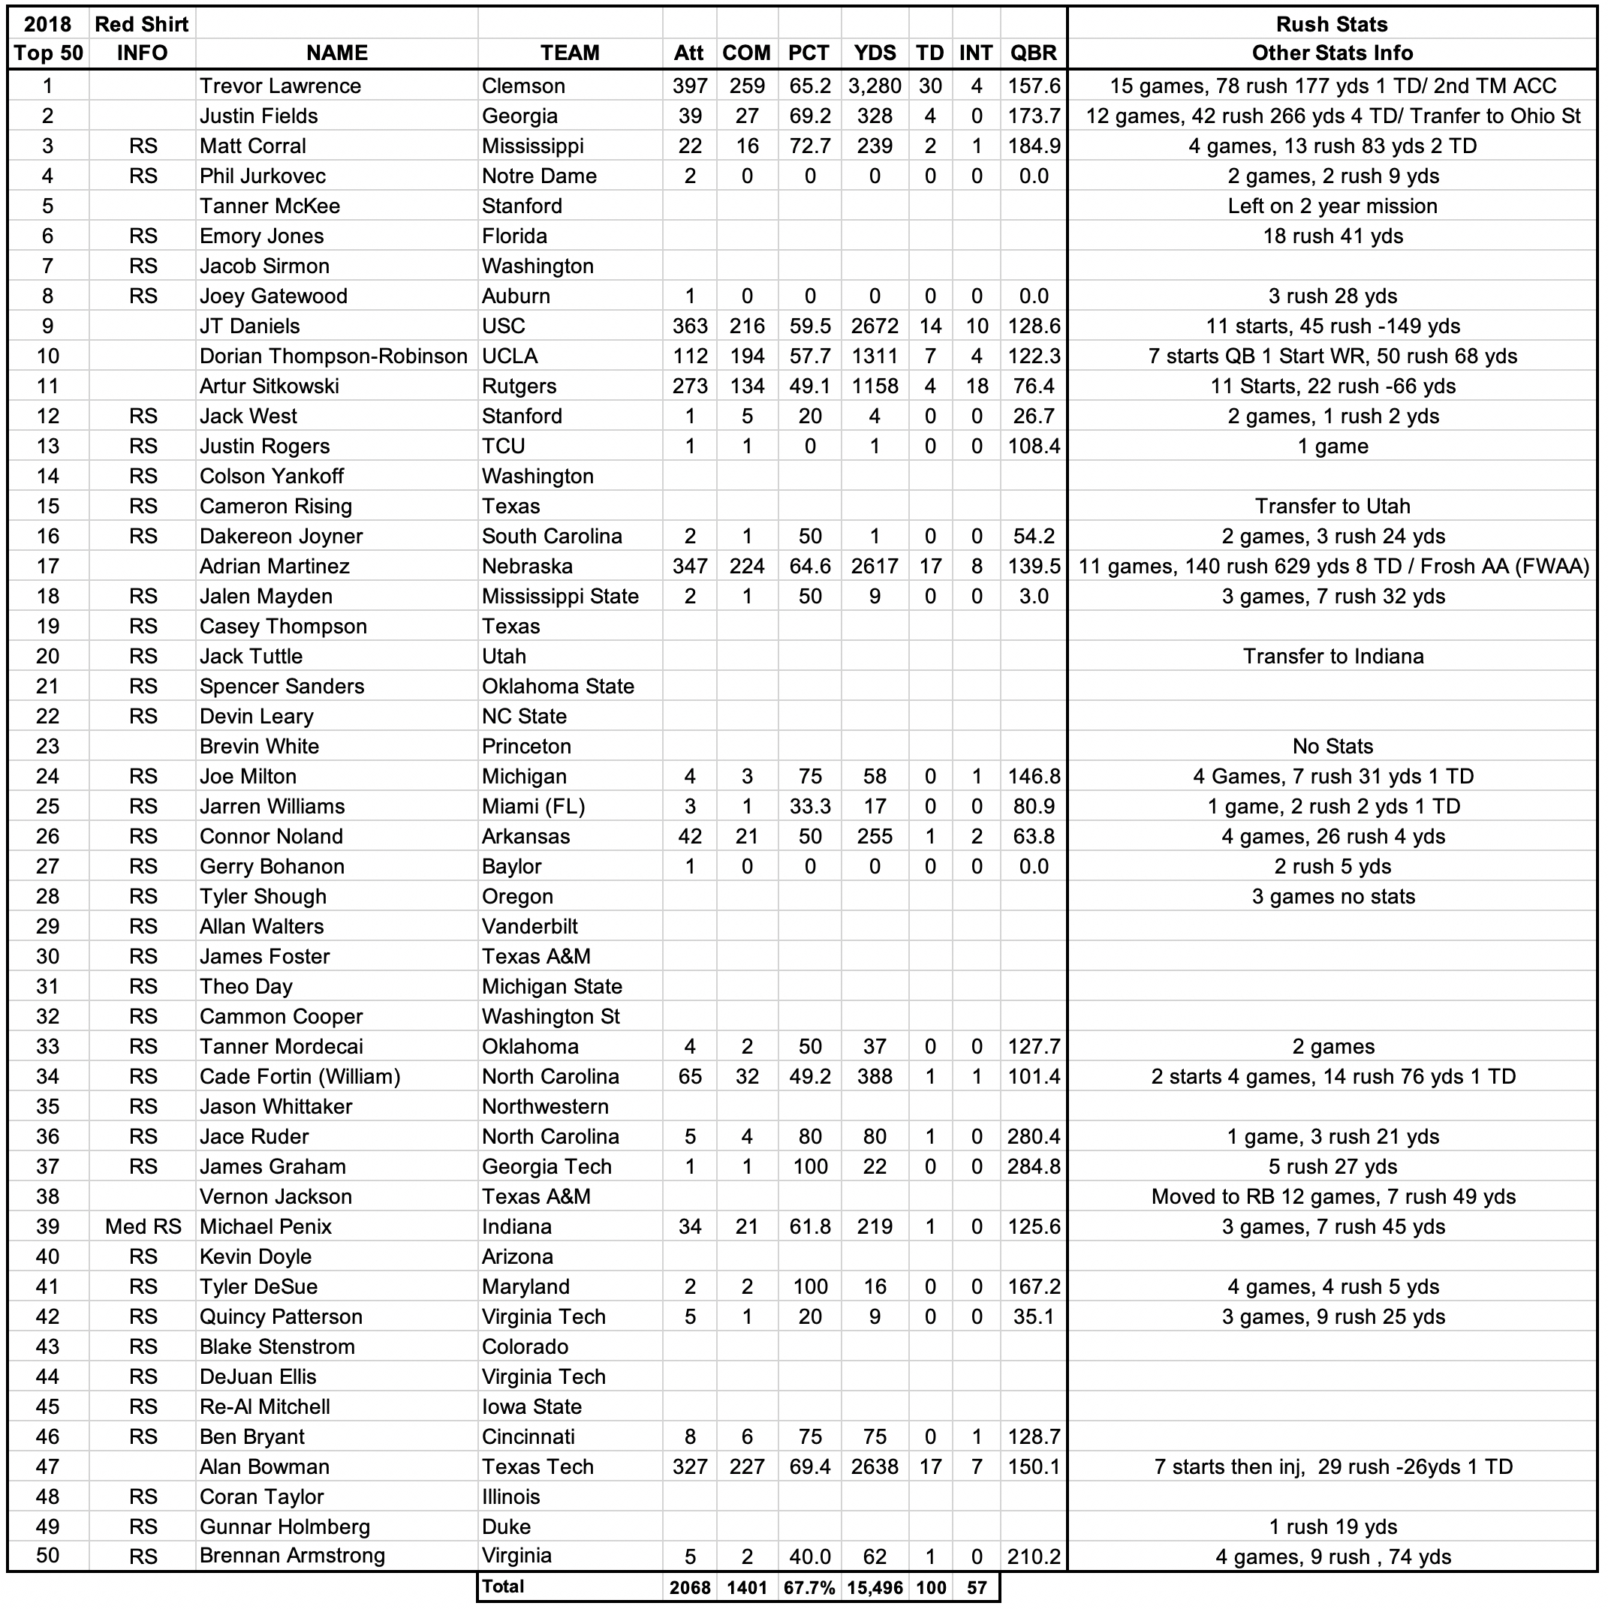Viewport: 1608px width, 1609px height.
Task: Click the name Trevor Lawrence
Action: pos(280,86)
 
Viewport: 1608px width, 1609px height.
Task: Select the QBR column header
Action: pos(1033,53)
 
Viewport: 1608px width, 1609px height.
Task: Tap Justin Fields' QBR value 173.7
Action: pos(1033,116)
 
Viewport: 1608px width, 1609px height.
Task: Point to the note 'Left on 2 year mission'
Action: pos(1332,206)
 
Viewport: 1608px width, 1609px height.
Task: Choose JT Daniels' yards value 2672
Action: pos(874,326)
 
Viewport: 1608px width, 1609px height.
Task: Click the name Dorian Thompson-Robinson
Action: pos(333,356)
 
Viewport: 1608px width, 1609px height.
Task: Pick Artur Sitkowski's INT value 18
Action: pos(976,386)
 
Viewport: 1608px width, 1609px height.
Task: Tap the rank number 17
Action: pos(47,567)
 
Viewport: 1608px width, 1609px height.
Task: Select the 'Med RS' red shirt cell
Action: pos(143,1227)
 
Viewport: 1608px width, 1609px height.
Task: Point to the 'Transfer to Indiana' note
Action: pos(1332,656)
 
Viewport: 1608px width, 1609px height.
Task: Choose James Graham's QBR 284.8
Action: pos(1033,1167)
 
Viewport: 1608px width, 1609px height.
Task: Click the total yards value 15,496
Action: pos(874,1588)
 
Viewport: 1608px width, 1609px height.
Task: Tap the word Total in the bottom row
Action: pos(503,1586)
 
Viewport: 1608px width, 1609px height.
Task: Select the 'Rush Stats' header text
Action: pos(1332,24)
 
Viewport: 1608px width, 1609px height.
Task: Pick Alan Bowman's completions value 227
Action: pos(746,1466)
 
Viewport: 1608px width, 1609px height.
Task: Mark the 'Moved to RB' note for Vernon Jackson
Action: pos(1332,1197)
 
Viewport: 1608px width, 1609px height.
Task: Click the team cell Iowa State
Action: pos(531,1406)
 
